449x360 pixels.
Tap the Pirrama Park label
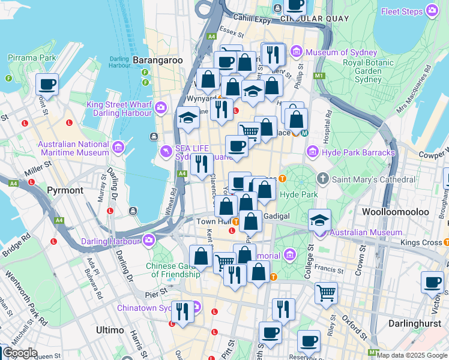click(32, 58)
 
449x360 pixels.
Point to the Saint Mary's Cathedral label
click(374, 179)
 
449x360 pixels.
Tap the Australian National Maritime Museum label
click(73, 149)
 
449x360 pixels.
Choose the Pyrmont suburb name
click(65, 190)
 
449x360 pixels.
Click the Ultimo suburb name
click(110, 330)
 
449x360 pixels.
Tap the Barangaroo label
click(157, 61)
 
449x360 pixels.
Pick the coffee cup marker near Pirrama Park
click(47, 85)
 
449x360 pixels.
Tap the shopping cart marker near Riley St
click(327, 293)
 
